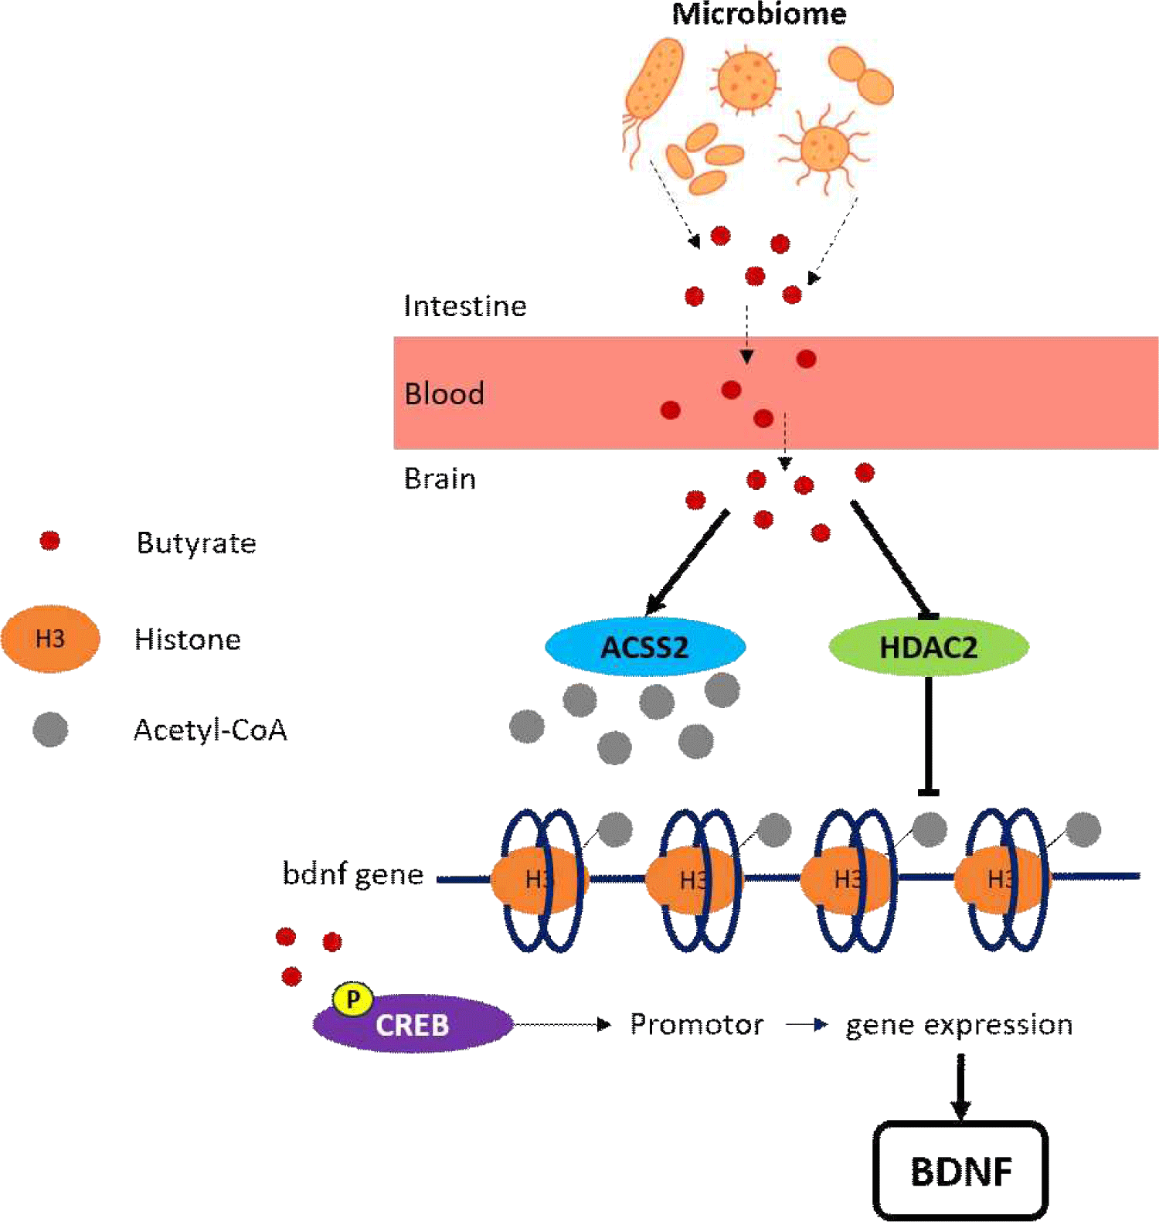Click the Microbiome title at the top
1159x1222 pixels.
[759, 14]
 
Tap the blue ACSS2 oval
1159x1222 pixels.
[645, 647]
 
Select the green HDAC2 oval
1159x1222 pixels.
[928, 647]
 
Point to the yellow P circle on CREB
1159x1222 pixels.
[353, 999]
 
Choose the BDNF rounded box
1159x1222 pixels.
[960, 1171]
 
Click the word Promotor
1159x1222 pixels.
[697, 1024]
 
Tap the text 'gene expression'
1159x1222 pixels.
[959, 1025]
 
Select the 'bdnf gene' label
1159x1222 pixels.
[353, 874]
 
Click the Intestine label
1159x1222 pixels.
[465, 306]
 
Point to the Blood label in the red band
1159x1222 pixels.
[444, 394]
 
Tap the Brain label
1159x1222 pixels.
[440, 479]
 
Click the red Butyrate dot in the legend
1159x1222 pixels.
[50, 541]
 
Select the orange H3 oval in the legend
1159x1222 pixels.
[50, 639]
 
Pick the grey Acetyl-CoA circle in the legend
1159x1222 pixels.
[50, 730]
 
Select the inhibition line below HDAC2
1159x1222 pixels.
[928, 734]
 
